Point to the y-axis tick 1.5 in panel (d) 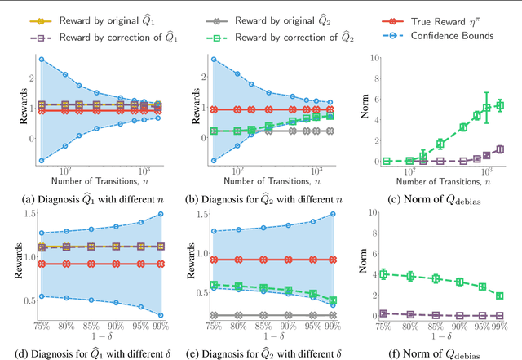point(30,213)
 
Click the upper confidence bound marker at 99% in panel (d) point(160,214)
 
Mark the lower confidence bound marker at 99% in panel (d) point(160,314)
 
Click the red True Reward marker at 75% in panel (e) point(213,260)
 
